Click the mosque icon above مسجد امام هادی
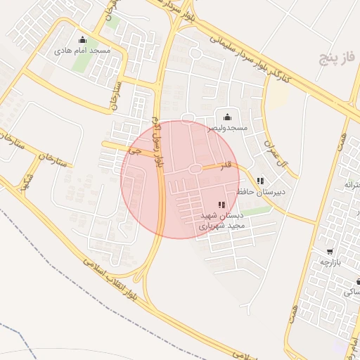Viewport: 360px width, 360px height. point(83,39)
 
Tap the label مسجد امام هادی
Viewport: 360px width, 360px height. point(83,51)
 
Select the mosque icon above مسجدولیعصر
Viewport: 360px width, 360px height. point(226,117)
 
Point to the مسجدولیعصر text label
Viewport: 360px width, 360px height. point(226,128)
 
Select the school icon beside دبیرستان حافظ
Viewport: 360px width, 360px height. point(261,181)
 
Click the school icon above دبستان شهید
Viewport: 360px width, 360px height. point(222,205)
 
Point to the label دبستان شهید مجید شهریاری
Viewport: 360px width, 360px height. point(221,220)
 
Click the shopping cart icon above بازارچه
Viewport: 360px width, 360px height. point(330,252)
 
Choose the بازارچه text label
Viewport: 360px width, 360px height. point(330,262)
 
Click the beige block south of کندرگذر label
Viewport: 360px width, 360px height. point(278,97)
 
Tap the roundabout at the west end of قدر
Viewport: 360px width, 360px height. point(193,169)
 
